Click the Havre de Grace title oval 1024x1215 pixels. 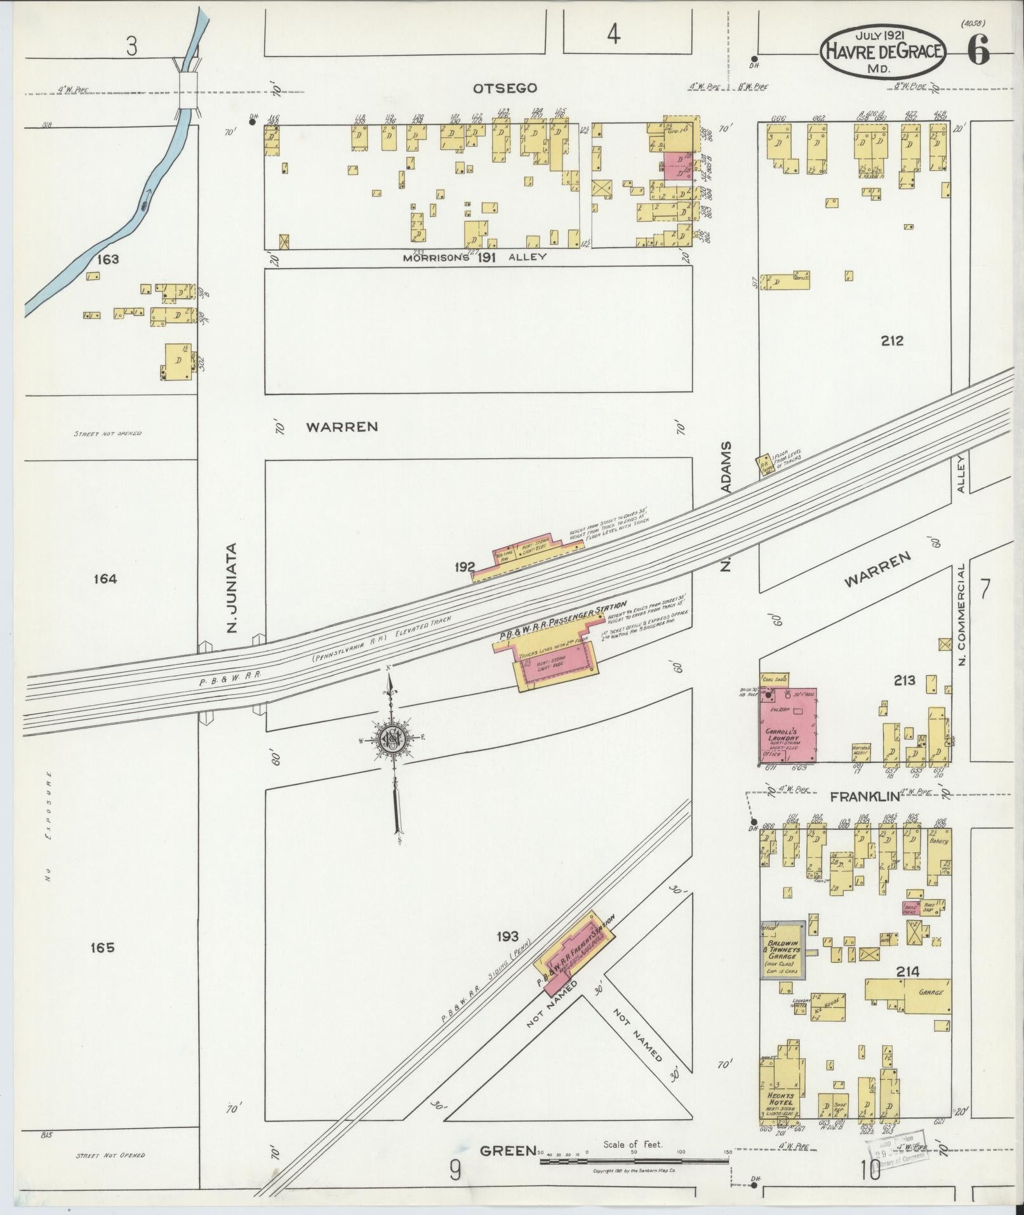point(882,51)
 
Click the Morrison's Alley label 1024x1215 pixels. point(475,257)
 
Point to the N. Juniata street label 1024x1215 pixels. point(232,587)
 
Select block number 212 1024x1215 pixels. point(892,341)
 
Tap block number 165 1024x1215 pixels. point(102,948)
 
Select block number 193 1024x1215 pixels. point(508,936)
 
